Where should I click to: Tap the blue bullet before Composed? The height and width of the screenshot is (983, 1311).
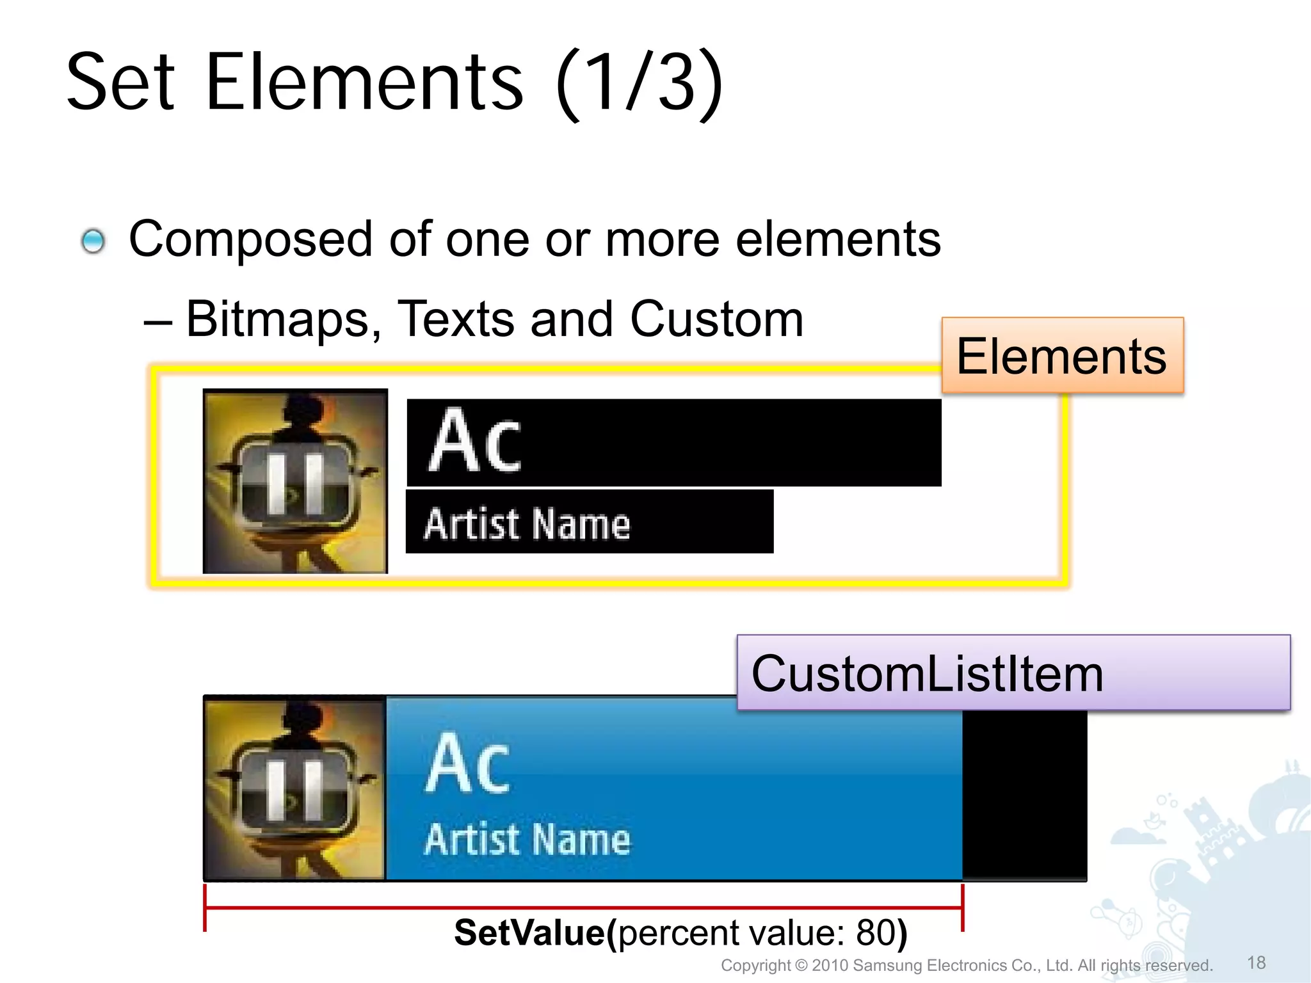click(93, 241)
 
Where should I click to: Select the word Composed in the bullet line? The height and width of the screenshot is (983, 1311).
click(250, 239)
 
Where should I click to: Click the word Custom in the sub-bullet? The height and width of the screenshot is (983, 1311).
click(716, 319)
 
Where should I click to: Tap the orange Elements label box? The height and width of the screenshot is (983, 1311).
click(1062, 356)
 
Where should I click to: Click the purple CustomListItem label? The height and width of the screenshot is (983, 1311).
click(1013, 673)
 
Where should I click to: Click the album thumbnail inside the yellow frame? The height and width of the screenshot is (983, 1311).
click(295, 481)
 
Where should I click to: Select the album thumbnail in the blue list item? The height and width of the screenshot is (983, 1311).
click(295, 788)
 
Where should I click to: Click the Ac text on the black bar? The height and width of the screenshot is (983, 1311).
click(474, 442)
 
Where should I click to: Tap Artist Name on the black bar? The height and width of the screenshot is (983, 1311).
click(527, 524)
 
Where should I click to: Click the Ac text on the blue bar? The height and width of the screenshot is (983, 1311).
click(468, 764)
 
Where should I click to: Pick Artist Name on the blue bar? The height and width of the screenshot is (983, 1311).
click(527, 840)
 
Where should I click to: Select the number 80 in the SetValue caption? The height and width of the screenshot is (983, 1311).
click(876, 933)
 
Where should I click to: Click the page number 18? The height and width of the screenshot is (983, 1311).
click(1256, 963)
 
